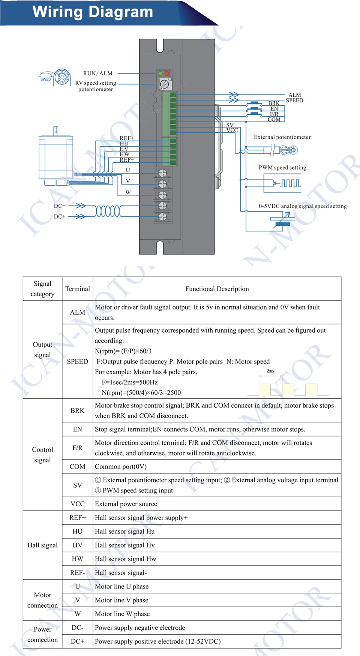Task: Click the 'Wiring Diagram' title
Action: [x=93, y=12]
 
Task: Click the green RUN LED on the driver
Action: [x=160, y=74]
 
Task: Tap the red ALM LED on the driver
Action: [x=166, y=74]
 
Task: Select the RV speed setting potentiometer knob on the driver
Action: [x=164, y=84]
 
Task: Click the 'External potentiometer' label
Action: [x=282, y=137]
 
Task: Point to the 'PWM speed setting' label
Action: [x=282, y=168]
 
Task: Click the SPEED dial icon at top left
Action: [x=61, y=78]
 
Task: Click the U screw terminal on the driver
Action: [x=162, y=173]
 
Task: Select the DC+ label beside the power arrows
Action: [x=59, y=216]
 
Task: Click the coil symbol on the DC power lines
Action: [x=108, y=211]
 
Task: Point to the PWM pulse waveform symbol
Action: [x=291, y=183]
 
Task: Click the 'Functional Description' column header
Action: [x=217, y=289]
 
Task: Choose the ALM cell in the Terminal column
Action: [x=77, y=312]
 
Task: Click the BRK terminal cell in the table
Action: [x=77, y=411]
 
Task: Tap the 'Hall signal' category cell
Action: [x=42, y=545]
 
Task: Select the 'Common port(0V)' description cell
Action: [x=121, y=467]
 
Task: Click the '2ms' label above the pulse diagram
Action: [x=270, y=371]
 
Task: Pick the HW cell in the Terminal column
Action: [x=77, y=559]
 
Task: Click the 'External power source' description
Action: [x=126, y=504]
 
